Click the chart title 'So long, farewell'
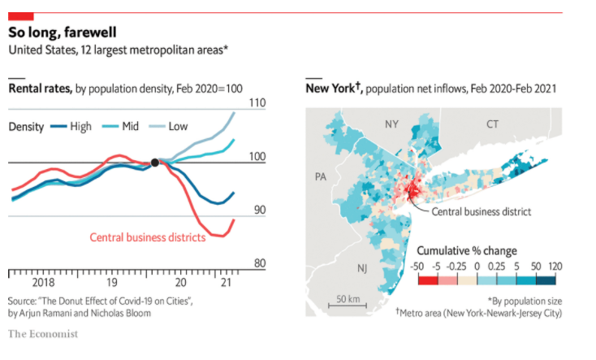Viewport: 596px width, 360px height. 62,33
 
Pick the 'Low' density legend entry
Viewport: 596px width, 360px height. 178,126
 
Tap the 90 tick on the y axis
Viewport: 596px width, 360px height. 258,210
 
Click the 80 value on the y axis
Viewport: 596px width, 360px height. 258,263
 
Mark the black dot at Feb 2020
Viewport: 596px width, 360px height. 155,163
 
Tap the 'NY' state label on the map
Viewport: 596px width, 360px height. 392,124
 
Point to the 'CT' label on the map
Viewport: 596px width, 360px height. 492,124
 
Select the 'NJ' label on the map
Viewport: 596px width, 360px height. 361,267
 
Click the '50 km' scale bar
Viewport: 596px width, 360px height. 348,301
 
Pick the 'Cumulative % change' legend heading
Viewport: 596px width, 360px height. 466,250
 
